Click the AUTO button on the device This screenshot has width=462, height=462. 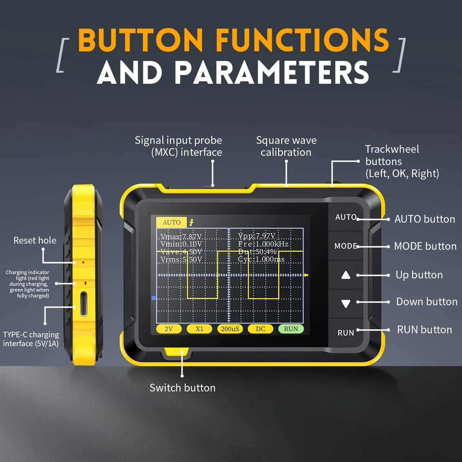(346, 217)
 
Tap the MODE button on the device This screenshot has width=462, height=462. (346, 246)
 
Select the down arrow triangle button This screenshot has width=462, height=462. (346, 304)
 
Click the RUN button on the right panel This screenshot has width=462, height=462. (346, 333)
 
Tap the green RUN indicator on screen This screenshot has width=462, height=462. (291, 329)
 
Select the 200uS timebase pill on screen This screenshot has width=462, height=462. (230, 329)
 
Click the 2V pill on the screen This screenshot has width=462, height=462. (169, 329)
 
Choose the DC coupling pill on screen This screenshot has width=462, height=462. (260, 329)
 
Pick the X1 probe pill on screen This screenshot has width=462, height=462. (199, 329)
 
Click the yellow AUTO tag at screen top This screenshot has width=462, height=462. (171, 222)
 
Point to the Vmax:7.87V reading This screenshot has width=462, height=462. (181, 237)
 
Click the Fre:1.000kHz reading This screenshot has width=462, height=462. (263, 244)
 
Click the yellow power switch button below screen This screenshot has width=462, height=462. (177, 352)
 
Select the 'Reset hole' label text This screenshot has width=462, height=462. (35, 241)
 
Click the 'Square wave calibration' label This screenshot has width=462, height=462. (286, 146)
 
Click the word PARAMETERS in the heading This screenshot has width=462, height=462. (272, 73)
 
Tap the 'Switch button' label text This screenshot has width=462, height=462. (182, 388)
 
